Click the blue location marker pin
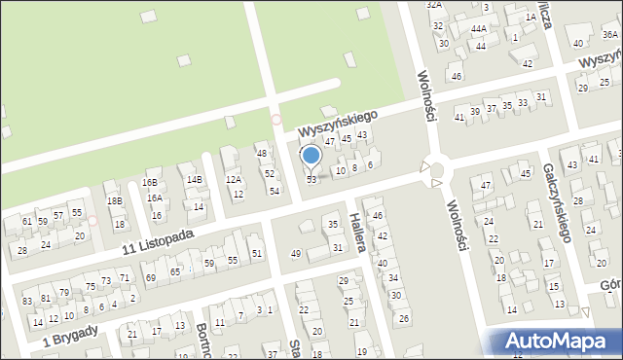311,156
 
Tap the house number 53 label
311,180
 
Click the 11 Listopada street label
158,240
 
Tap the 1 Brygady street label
69,336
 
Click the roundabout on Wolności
435,170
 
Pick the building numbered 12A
234,179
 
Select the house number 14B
195,179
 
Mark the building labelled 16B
150,182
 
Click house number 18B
115,200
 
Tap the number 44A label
478,29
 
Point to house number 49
296,254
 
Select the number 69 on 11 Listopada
150,278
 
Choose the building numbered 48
261,154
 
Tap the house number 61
25,222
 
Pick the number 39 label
474,112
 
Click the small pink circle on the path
275,120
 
